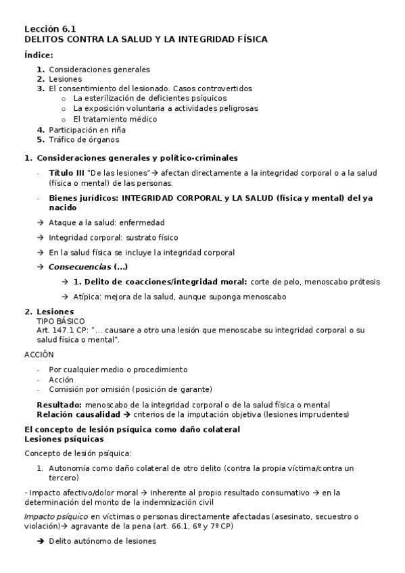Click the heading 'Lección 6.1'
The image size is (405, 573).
[50, 28]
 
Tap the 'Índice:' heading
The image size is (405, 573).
[39, 55]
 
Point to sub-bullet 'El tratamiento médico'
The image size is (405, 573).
[115, 119]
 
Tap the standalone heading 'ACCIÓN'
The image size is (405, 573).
[39, 354]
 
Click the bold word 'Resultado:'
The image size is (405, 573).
[59, 404]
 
